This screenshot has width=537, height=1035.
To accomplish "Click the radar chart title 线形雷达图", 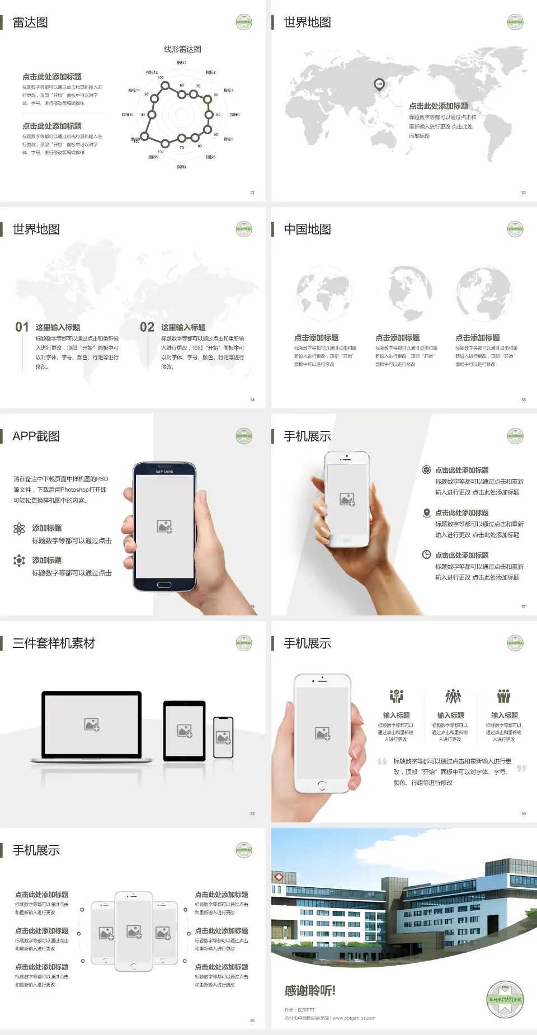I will [x=182, y=49].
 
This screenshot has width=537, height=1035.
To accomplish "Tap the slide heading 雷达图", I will [x=30, y=22].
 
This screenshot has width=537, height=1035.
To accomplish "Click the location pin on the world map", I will [x=379, y=84].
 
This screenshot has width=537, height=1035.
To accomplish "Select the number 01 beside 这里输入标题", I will [x=22, y=327].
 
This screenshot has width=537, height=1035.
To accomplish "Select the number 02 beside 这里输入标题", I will [x=147, y=327].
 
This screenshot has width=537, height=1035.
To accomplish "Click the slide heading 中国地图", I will [x=307, y=229].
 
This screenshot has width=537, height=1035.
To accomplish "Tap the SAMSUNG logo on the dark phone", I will [x=164, y=472].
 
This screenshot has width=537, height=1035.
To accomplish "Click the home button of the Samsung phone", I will [x=164, y=585].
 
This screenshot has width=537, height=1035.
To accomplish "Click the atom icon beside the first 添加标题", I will [x=19, y=529].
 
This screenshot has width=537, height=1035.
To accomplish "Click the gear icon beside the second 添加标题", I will [x=19, y=561].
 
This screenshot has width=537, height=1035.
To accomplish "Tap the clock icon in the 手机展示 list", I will [x=426, y=554].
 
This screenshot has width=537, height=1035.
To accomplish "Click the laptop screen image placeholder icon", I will [x=92, y=724].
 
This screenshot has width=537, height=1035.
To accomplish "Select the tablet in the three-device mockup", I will [x=185, y=730].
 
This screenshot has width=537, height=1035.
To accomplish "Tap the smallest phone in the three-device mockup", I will [x=223, y=737].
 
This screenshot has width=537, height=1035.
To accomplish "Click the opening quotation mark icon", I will [x=382, y=761].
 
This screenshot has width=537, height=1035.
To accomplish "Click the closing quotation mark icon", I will [x=521, y=769].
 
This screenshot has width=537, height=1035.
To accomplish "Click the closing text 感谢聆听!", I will [x=310, y=991].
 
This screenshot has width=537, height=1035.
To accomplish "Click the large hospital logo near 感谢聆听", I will [x=505, y=1000].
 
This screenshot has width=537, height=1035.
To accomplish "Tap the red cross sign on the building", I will [x=277, y=877].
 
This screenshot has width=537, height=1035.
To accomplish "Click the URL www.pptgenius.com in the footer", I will [x=354, y=1018].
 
